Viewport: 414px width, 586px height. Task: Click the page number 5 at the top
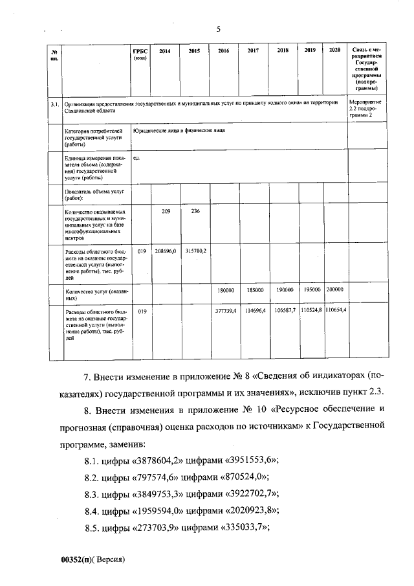point(218,28)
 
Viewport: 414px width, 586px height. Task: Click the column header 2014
point(165,51)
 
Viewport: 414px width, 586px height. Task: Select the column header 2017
point(253,51)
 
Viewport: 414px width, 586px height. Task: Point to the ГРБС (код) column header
point(140,54)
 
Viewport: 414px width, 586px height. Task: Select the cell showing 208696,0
point(165,249)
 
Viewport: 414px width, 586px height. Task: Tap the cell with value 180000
point(224,289)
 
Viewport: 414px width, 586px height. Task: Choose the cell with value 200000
point(334,289)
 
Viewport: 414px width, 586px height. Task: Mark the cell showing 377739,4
point(224,311)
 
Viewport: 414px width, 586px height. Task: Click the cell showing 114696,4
point(254,311)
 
